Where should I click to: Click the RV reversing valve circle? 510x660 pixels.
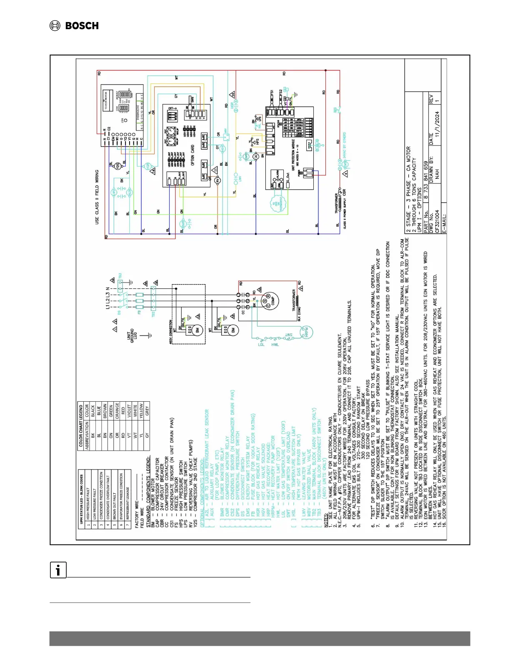(217, 180)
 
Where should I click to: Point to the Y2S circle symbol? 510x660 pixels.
(118, 165)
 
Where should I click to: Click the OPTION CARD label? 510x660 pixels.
(192, 155)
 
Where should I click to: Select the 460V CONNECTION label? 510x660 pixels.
(171, 332)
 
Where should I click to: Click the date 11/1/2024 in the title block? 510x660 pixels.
(437, 124)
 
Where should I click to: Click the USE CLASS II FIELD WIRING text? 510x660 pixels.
(97, 197)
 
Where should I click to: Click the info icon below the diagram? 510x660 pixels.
(58, 570)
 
